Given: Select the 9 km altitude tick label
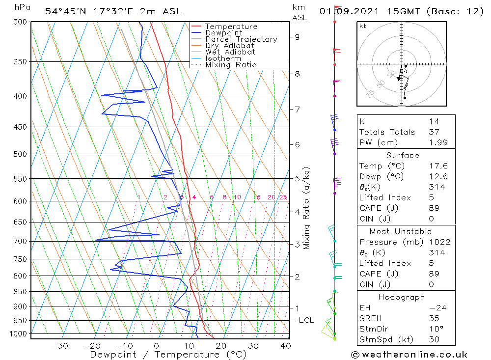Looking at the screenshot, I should click(x=298, y=37).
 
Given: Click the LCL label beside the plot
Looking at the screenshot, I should click(x=306, y=320).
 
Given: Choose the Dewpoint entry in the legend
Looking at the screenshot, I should click(x=223, y=33).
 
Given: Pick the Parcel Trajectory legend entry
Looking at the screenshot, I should click(x=241, y=39).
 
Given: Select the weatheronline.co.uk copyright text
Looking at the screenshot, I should click(x=409, y=355).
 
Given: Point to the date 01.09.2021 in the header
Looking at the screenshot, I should click(x=345, y=11).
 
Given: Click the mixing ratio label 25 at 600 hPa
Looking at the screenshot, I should click(x=283, y=197).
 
